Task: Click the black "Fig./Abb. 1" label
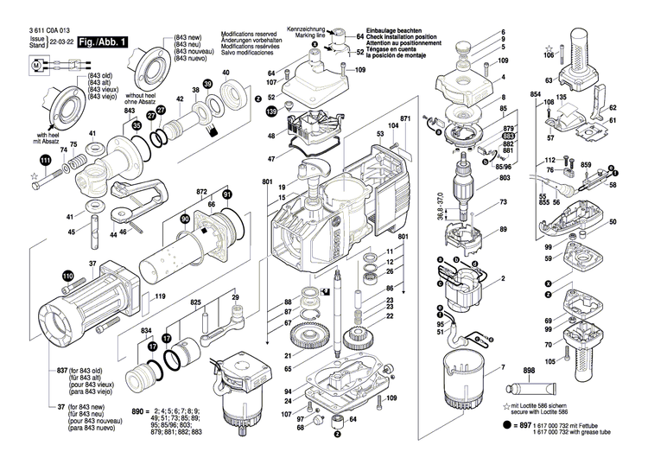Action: click(x=102, y=41)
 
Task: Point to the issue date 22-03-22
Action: click(x=60, y=40)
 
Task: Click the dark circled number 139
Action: click(x=271, y=112)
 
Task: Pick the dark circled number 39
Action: click(x=207, y=84)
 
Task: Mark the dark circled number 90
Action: click(x=184, y=220)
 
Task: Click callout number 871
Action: click(x=404, y=118)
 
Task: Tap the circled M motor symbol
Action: click(x=35, y=65)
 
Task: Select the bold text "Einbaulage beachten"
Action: click(x=394, y=29)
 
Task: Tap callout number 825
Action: click(x=196, y=303)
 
